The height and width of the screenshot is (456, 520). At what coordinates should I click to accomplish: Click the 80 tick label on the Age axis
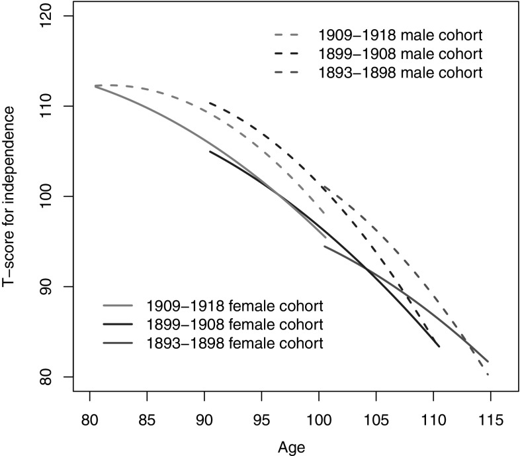(89, 420)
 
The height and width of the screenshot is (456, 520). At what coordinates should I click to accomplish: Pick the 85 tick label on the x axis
(146, 420)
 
